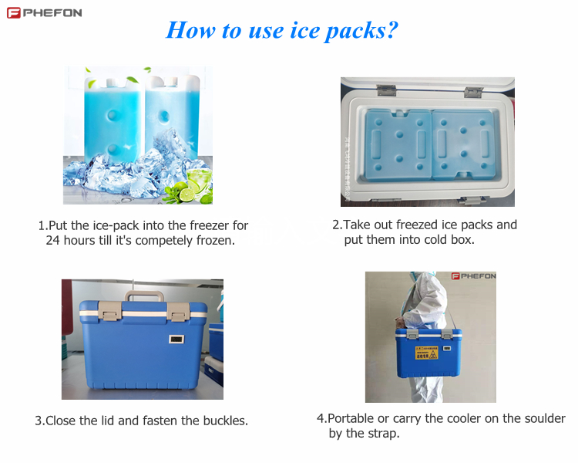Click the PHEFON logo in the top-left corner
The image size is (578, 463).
click(44, 13)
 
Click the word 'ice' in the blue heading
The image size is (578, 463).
click(305, 30)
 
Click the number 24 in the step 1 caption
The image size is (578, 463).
click(52, 240)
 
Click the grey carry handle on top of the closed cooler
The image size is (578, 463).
click(144, 295)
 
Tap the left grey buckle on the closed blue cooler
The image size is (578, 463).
click(110, 310)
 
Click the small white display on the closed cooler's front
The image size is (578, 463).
click(176, 339)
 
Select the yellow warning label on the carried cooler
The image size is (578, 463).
click(427, 353)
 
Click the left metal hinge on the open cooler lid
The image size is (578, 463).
click(386, 90)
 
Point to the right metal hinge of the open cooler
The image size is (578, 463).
click(474, 92)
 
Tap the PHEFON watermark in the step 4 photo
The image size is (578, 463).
click(474, 276)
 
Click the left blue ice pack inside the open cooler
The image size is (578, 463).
click(398, 145)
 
